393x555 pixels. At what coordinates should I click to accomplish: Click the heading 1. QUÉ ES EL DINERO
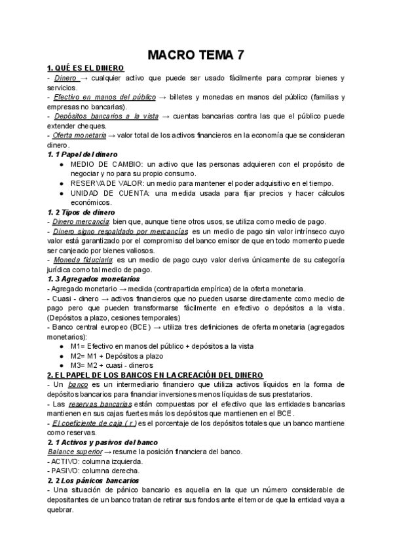click(x=85, y=69)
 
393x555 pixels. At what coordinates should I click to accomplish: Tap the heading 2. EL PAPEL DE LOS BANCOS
click(x=155, y=375)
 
